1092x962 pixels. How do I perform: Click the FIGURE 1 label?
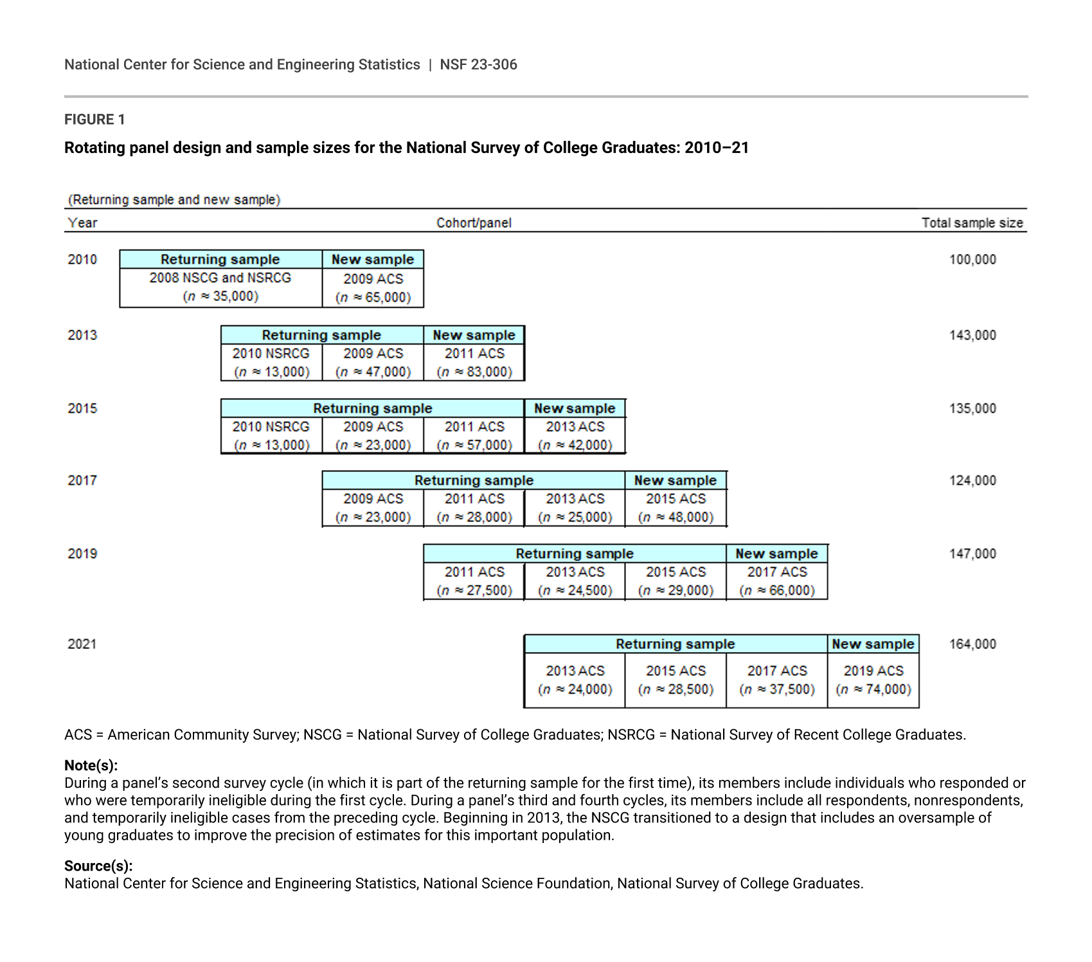pyautogui.click(x=94, y=120)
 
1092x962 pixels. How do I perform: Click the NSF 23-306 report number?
pyautogui.click(x=478, y=64)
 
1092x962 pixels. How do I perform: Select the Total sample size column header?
pyautogui.click(x=972, y=223)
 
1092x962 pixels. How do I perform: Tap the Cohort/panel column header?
pyautogui.click(x=474, y=223)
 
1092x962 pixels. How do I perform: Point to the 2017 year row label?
pyautogui.click(x=82, y=480)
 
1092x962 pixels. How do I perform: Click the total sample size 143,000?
pyautogui.click(x=972, y=335)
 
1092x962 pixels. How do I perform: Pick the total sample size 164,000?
pyautogui.click(x=972, y=644)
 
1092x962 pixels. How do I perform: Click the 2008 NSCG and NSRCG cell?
pyautogui.click(x=220, y=278)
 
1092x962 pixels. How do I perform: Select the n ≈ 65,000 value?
pyautogui.click(x=373, y=297)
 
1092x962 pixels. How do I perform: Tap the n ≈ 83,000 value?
pyautogui.click(x=474, y=372)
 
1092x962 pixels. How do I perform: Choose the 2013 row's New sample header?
pyautogui.click(x=474, y=335)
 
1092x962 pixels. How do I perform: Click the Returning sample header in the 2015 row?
pyautogui.click(x=373, y=408)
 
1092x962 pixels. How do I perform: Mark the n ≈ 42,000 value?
pyautogui.click(x=575, y=445)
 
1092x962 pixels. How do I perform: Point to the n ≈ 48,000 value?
pyautogui.click(x=676, y=517)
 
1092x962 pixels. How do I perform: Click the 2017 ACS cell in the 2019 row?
pyautogui.click(x=776, y=572)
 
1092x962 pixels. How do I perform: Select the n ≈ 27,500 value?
pyautogui.click(x=474, y=590)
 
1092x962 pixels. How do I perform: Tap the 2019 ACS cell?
pyautogui.click(x=873, y=671)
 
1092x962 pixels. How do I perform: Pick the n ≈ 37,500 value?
pyautogui.click(x=776, y=689)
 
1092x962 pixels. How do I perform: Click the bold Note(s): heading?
pyautogui.click(x=91, y=765)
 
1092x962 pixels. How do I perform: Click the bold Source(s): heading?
pyautogui.click(x=98, y=866)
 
